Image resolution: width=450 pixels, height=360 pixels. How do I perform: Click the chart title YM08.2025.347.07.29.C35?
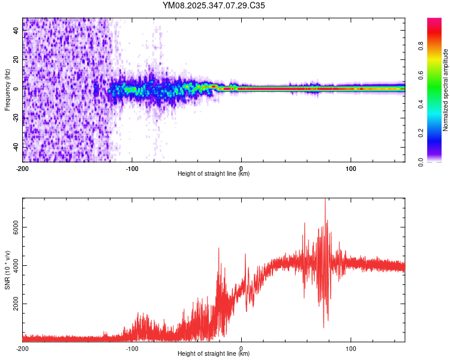[x=214, y=6]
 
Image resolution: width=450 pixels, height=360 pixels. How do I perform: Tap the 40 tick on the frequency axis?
[x=16, y=31]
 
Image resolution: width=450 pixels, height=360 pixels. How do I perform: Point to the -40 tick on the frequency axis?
[x=16, y=147]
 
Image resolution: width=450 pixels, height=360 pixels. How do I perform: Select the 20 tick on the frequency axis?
[x=16, y=59]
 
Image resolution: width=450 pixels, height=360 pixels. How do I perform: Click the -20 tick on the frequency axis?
[x=16, y=118]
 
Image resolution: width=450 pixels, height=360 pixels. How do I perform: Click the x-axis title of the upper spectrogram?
[x=214, y=174]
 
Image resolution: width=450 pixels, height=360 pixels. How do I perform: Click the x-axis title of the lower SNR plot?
[x=214, y=354]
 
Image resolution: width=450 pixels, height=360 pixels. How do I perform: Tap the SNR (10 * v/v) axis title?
[x=7, y=270]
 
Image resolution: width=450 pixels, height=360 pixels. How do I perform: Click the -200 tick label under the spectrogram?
[x=23, y=167]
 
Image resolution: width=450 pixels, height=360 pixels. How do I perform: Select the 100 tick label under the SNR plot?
[x=350, y=347]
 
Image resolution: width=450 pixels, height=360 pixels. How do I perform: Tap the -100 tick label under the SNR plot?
[x=132, y=347]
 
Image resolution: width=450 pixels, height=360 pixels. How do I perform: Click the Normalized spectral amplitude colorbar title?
[x=446, y=90]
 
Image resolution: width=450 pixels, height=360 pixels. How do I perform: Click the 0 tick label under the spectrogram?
[x=241, y=167]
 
